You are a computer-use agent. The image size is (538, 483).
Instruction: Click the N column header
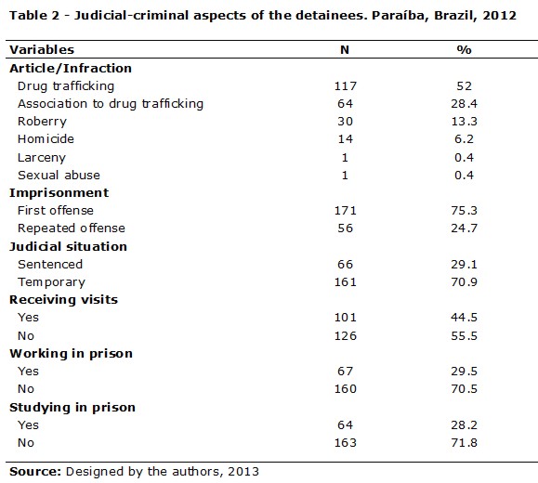coord(345,50)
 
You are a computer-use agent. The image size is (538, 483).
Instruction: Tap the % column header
coord(464,50)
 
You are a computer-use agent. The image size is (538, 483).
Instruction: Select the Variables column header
coord(42,50)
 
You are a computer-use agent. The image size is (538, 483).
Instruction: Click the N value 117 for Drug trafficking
coord(346,85)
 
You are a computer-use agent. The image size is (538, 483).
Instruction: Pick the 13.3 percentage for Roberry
coord(464,121)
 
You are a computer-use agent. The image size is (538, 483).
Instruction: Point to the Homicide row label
coord(46,139)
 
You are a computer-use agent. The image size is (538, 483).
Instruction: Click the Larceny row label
coord(42,158)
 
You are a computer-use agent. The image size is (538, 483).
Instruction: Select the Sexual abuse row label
coord(59,175)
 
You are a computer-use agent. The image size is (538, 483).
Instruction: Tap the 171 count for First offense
coord(346,210)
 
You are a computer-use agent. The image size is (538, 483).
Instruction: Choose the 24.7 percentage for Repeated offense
coord(464,228)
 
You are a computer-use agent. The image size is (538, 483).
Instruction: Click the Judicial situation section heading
coord(68,247)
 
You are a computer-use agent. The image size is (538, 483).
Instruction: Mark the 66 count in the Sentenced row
coord(345,264)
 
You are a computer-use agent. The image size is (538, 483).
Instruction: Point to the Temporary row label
coord(51,282)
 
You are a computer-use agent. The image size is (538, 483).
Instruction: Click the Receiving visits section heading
coord(63,300)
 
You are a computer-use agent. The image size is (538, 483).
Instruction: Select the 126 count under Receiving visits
coord(346,335)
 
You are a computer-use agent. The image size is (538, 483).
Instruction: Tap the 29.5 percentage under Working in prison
coord(464,372)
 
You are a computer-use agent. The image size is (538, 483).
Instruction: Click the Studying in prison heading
coord(72,408)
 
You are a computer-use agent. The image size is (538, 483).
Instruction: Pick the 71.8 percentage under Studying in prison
coord(464,442)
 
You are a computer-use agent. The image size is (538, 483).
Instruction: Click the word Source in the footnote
coord(35,471)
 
